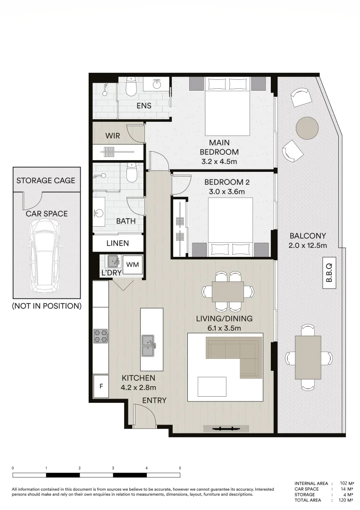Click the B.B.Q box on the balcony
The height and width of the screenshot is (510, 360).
point(329,272)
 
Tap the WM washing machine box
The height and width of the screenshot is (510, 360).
point(133,264)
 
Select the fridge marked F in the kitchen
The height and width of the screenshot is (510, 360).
point(101,387)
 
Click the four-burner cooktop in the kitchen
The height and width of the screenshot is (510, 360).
point(100,336)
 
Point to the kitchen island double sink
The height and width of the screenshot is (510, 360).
point(148,345)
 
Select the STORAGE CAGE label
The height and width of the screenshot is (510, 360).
point(46,180)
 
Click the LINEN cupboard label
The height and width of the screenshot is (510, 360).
point(118,244)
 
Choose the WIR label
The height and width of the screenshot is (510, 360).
point(112,136)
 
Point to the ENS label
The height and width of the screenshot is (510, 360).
point(144,106)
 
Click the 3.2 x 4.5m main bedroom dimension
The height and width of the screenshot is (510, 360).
point(219,162)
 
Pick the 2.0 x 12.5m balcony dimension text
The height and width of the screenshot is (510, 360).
point(308,245)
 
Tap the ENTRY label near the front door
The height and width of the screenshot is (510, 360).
point(154,400)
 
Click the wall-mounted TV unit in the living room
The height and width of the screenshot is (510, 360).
point(226,428)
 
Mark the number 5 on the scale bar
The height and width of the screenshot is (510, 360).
point(180,467)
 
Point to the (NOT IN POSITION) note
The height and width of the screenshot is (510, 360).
point(47,306)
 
